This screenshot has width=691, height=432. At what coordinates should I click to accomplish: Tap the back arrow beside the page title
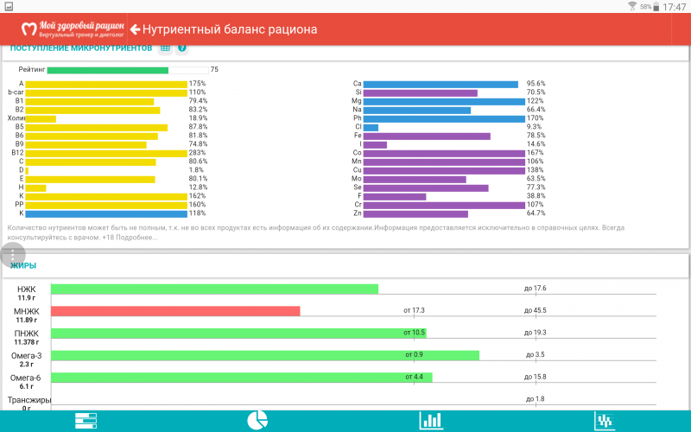(135, 29)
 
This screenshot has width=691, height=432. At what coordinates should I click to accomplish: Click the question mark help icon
(182, 48)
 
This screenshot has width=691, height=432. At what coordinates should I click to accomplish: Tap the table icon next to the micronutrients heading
(165, 48)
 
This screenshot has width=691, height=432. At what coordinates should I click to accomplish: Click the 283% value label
(198, 153)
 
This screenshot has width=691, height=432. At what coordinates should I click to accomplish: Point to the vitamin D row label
(21, 170)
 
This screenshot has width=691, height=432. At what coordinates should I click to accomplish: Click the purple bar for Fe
(427, 136)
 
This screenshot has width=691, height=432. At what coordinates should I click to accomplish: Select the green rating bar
(108, 70)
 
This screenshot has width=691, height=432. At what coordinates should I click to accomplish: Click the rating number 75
(214, 70)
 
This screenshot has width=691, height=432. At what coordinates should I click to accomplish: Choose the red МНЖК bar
(175, 311)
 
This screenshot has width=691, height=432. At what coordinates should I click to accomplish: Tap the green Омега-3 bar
(264, 355)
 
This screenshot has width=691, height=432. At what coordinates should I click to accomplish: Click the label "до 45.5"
(535, 310)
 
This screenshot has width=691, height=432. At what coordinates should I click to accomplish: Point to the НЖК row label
(26, 289)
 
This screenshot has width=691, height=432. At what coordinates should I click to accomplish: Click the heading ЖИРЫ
(23, 265)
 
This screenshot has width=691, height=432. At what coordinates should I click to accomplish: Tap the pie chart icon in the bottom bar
(257, 421)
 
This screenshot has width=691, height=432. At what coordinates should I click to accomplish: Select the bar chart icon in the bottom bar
(430, 421)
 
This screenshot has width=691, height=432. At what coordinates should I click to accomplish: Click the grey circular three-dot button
(13, 257)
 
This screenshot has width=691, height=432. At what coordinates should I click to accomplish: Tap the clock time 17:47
(674, 7)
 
